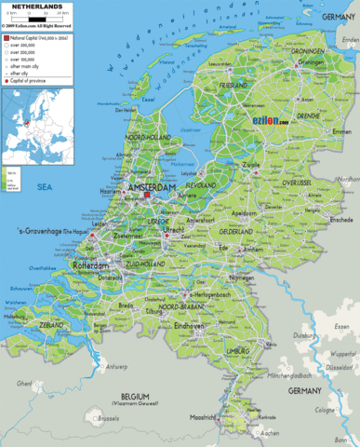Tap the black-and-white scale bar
coord(21,18)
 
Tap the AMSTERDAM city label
coord(152,188)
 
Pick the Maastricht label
coord(203,416)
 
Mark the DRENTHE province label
coord(307,116)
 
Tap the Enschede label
coord(317,220)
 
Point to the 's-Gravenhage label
coord(43,230)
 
